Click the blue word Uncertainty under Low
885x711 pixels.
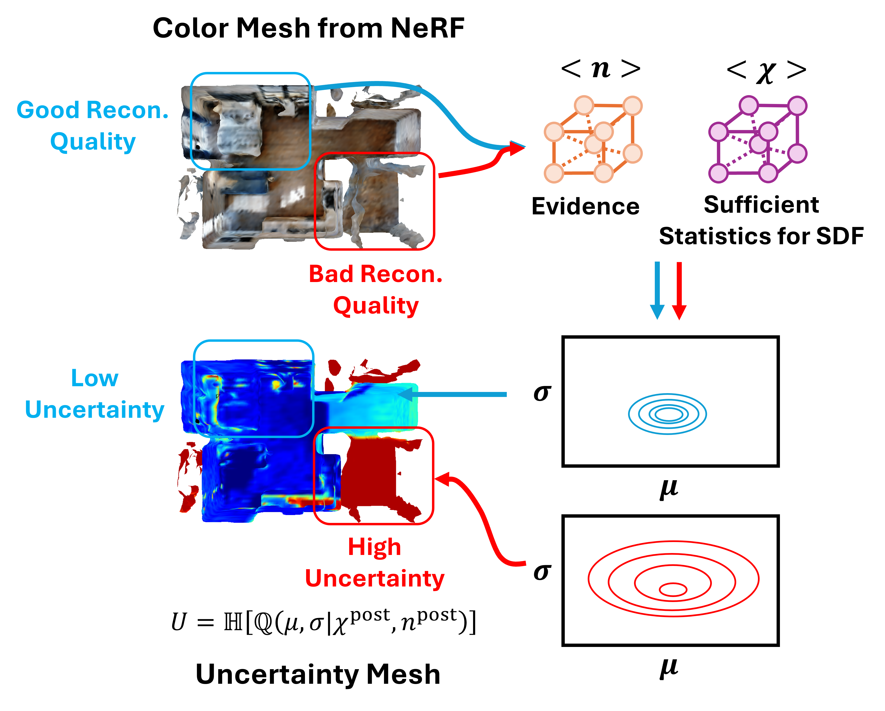(94, 410)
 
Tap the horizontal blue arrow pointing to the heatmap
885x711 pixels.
(456, 394)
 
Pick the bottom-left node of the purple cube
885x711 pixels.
(718, 173)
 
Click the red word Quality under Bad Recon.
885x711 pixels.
(376, 306)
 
